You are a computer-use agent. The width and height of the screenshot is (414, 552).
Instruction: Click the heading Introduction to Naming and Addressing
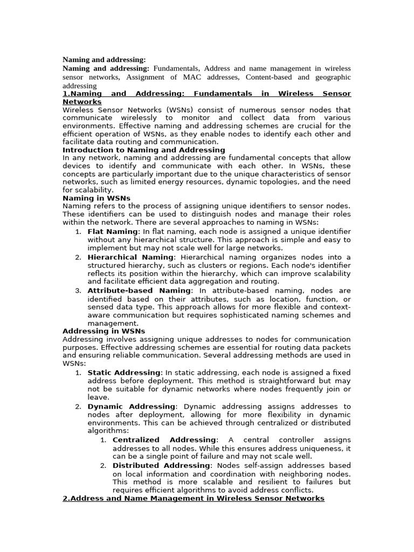click(x=144, y=150)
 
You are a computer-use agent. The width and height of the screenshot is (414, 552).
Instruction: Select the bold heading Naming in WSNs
click(x=96, y=198)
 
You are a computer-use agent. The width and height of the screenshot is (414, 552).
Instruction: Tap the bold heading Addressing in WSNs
click(x=104, y=331)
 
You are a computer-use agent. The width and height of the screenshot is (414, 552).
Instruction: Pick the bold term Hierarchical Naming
click(x=130, y=257)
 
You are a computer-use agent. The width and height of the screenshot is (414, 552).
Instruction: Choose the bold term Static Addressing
click(x=124, y=372)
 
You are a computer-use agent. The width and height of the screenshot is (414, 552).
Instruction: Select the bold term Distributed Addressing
click(x=161, y=465)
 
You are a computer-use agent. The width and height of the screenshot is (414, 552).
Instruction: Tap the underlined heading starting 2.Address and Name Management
click(x=194, y=499)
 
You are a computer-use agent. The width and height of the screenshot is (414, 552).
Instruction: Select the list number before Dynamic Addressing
click(x=78, y=406)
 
